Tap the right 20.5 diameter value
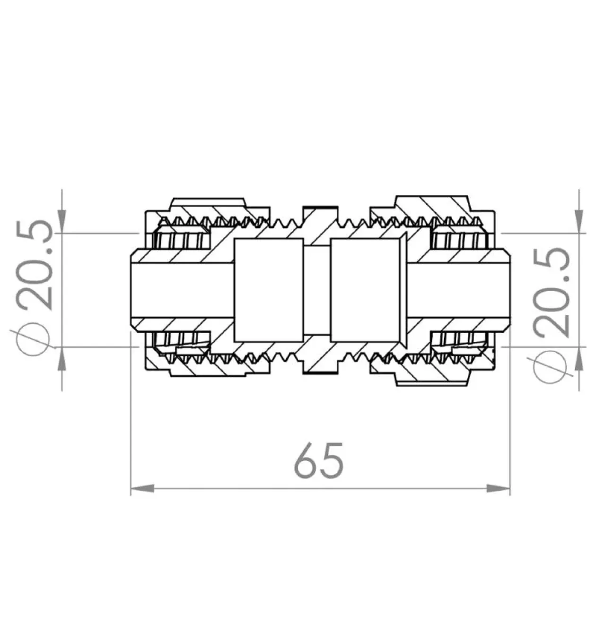point(552,292)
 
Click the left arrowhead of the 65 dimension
point(143,488)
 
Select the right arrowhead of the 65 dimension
point(498,488)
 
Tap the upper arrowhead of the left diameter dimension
point(62,222)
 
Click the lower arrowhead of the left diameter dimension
point(62,359)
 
